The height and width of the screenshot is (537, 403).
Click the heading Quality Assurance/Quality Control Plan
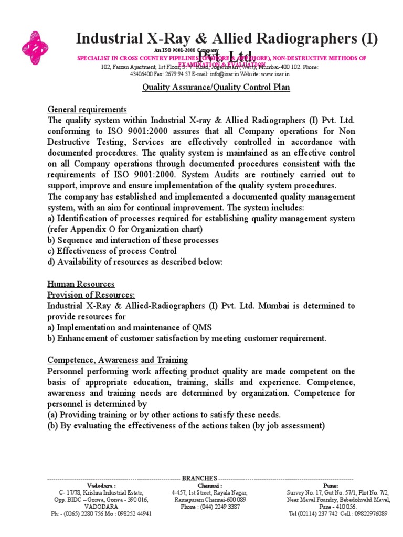pos(216,88)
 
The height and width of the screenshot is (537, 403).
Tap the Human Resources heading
pos(81,284)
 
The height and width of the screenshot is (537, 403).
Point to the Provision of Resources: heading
pos(91,295)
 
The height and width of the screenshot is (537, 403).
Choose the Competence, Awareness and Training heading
pos(118,360)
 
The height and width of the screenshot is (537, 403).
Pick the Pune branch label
pos(331,486)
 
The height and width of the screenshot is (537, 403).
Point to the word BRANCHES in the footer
pos(199,478)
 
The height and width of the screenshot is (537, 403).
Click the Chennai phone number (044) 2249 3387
pos(217,507)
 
